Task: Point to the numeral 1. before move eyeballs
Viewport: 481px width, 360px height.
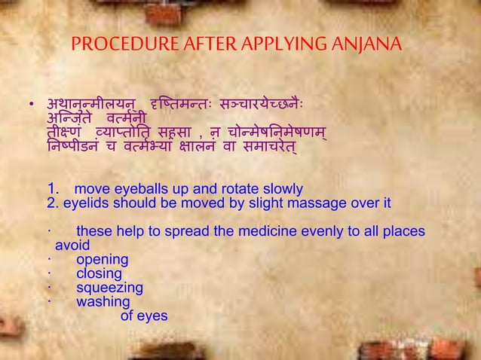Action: click(x=53, y=188)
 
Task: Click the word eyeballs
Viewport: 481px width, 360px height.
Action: click(x=135, y=188)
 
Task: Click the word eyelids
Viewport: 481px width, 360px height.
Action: click(x=86, y=203)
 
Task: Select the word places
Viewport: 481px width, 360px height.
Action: click(x=403, y=231)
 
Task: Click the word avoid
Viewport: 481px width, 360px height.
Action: click(x=72, y=246)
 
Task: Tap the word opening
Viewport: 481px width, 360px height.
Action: click(x=102, y=260)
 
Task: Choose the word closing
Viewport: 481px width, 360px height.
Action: click(x=99, y=273)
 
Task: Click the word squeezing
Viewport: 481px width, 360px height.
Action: click(x=109, y=288)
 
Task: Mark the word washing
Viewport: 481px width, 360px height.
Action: click(x=103, y=302)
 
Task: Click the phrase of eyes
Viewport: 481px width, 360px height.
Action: click(x=144, y=316)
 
